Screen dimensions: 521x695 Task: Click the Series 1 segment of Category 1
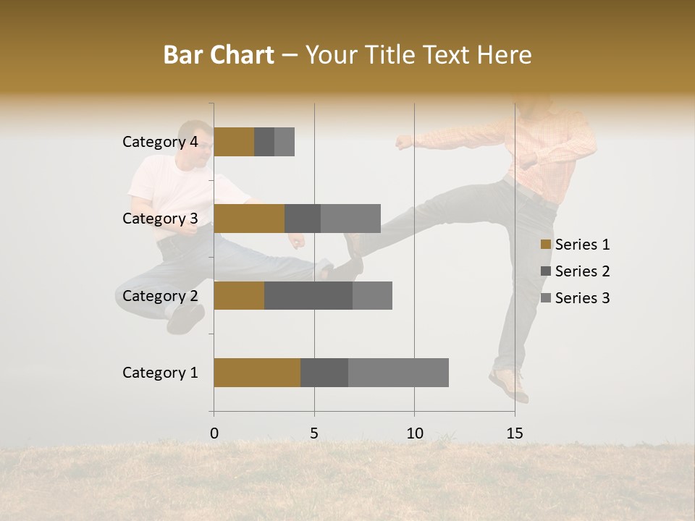(x=257, y=373)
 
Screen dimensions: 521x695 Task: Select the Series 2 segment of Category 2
(x=308, y=295)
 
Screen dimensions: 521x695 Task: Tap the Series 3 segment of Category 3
(x=350, y=219)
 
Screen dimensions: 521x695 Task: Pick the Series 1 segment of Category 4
(x=234, y=142)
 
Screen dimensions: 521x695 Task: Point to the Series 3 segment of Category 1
(x=398, y=373)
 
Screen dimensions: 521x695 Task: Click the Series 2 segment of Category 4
(x=264, y=142)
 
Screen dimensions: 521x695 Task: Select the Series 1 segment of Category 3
(x=249, y=219)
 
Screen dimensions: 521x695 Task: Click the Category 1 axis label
(x=160, y=373)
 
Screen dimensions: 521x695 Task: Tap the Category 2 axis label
(x=160, y=295)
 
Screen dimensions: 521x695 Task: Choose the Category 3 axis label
(x=160, y=219)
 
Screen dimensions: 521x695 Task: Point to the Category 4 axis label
(x=160, y=142)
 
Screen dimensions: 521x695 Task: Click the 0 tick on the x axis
(x=214, y=433)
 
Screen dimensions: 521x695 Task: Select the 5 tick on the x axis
(x=314, y=433)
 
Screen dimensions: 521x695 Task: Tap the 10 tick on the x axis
(x=414, y=433)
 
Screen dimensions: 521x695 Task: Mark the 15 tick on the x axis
(x=514, y=433)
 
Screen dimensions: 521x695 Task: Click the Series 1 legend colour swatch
(x=546, y=245)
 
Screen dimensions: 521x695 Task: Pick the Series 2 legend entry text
(x=582, y=271)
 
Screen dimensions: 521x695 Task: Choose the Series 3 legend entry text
(x=582, y=298)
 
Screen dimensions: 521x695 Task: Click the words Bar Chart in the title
(x=219, y=55)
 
